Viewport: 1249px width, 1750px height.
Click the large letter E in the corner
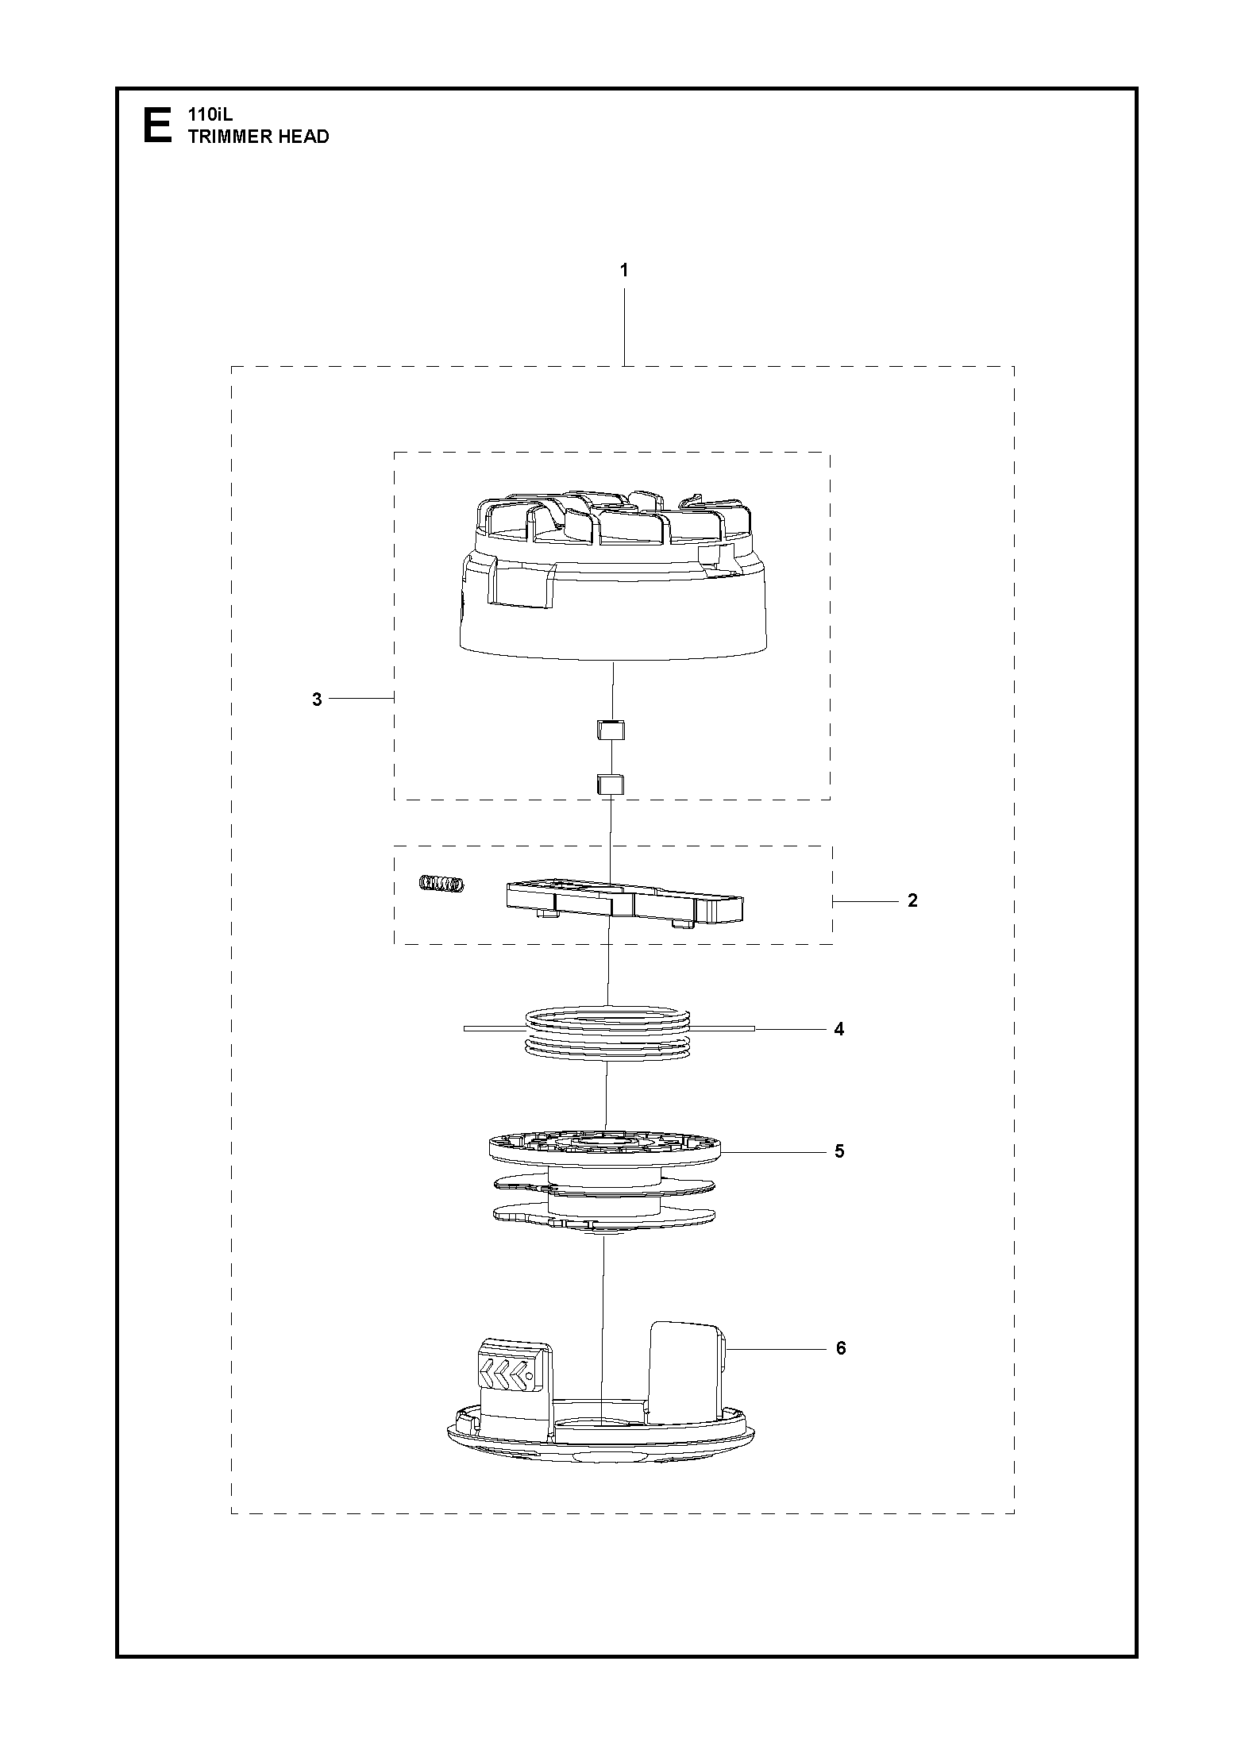click(x=156, y=126)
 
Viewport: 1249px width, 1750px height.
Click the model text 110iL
click(x=206, y=115)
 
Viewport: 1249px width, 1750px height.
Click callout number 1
click(x=624, y=271)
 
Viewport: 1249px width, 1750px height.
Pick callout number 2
click(x=912, y=900)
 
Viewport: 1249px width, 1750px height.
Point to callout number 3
click(x=317, y=700)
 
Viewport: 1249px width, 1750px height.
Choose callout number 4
click(x=839, y=1029)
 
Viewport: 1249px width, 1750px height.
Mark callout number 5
click(x=839, y=1151)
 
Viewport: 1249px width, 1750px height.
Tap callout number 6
click(x=842, y=1348)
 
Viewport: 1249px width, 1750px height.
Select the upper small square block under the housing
click(x=611, y=729)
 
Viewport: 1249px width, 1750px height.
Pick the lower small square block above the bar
click(x=611, y=784)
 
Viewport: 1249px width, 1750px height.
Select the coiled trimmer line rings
click(x=608, y=1029)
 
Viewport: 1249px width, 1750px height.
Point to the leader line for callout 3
click(x=362, y=698)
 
